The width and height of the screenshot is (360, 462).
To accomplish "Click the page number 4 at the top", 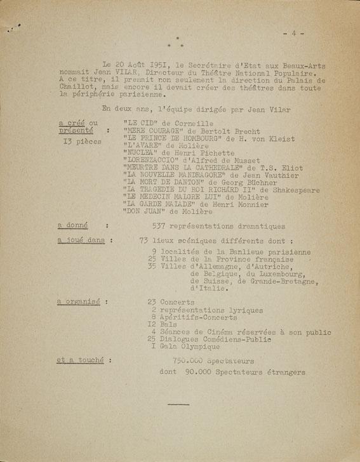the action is [x=294, y=33].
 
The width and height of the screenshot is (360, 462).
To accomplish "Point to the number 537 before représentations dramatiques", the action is [x=162, y=226].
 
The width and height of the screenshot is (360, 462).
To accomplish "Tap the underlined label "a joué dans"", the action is [x=81, y=241].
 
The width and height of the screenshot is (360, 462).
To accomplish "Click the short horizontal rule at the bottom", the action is [x=179, y=404].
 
